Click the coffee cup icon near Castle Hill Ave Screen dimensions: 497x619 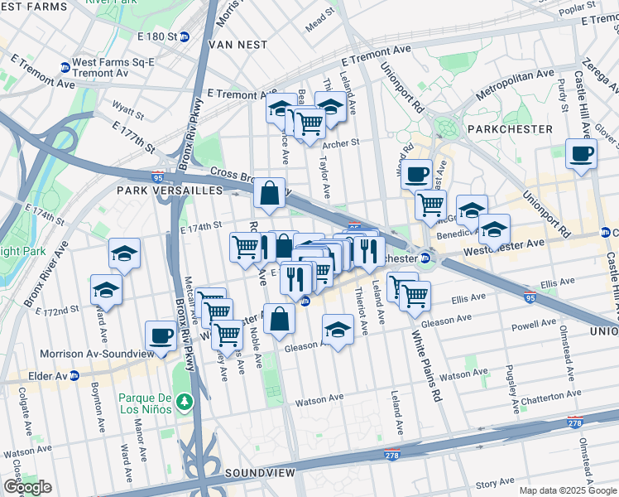tap(581, 153)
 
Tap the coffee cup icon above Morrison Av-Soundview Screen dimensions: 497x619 tap(161, 335)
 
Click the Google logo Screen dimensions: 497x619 tap(27, 487)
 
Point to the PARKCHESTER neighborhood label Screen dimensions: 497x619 tap(509, 129)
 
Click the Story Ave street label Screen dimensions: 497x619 tap(495, 481)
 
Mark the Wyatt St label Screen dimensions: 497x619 tap(128, 108)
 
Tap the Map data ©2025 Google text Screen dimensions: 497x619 tap(567, 490)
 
